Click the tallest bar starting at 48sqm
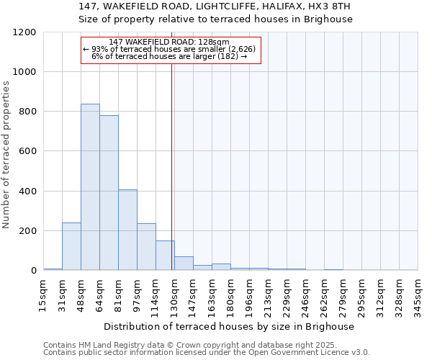pyautogui.click(x=90, y=187)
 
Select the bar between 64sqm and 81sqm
pyautogui.click(x=109, y=193)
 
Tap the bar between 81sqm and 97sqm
pyautogui.click(x=127, y=230)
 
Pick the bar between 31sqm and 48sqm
pyautogui.click(x=71, y=246)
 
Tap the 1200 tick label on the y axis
pyautogui.click(x=24, y=32)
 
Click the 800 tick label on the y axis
pyautogui.click(x=27, y=112)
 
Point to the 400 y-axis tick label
pyautogui.click(x=27, y=192)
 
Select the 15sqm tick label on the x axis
pyautogui.click(x=43, y=291)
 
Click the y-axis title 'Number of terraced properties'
pyautogui.click(x=6, y=155)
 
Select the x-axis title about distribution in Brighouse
pyautogui.click(x=230, y=326)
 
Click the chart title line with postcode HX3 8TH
pyautogui.click(x=216, y=6)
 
